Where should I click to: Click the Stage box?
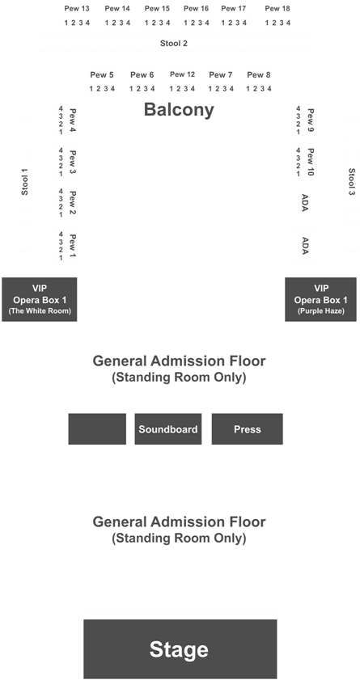coord(180,648)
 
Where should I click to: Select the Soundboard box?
coord(167,429)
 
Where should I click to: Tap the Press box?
coord(248,429)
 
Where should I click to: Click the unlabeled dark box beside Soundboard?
coord(97,429)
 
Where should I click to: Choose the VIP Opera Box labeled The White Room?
coord(40,299)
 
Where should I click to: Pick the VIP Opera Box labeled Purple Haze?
coord(320,299)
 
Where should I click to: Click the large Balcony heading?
coord(179,110)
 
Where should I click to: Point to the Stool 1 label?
coord(25,181)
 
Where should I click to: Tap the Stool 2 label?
coord(173,44)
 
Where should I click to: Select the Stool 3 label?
coord(351,181)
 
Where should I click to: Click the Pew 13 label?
coord(77,8)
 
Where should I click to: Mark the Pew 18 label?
coord(277,8)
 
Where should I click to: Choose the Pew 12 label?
coord(183,74)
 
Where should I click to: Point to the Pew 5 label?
coord(102,75)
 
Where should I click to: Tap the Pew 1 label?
coord(73,247)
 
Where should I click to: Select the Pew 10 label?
coord(310,162)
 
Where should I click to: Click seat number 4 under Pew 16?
coord(206,23)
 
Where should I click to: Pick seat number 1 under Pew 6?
coord(131,89)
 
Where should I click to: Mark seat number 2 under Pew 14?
coord(113,23)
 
